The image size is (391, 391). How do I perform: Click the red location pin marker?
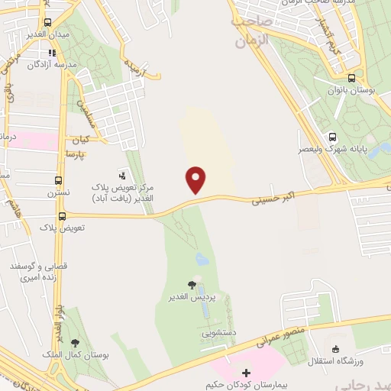click(196, 179)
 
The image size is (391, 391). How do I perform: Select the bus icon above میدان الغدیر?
click(48, 22)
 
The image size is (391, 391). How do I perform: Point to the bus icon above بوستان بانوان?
click(351, 78)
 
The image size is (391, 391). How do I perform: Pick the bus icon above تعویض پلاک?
click(62, 216)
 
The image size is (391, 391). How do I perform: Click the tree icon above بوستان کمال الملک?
click(74, 344)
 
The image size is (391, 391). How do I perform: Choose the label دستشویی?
click(218, 333)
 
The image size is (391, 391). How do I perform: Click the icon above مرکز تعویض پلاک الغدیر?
click(121, 175)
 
